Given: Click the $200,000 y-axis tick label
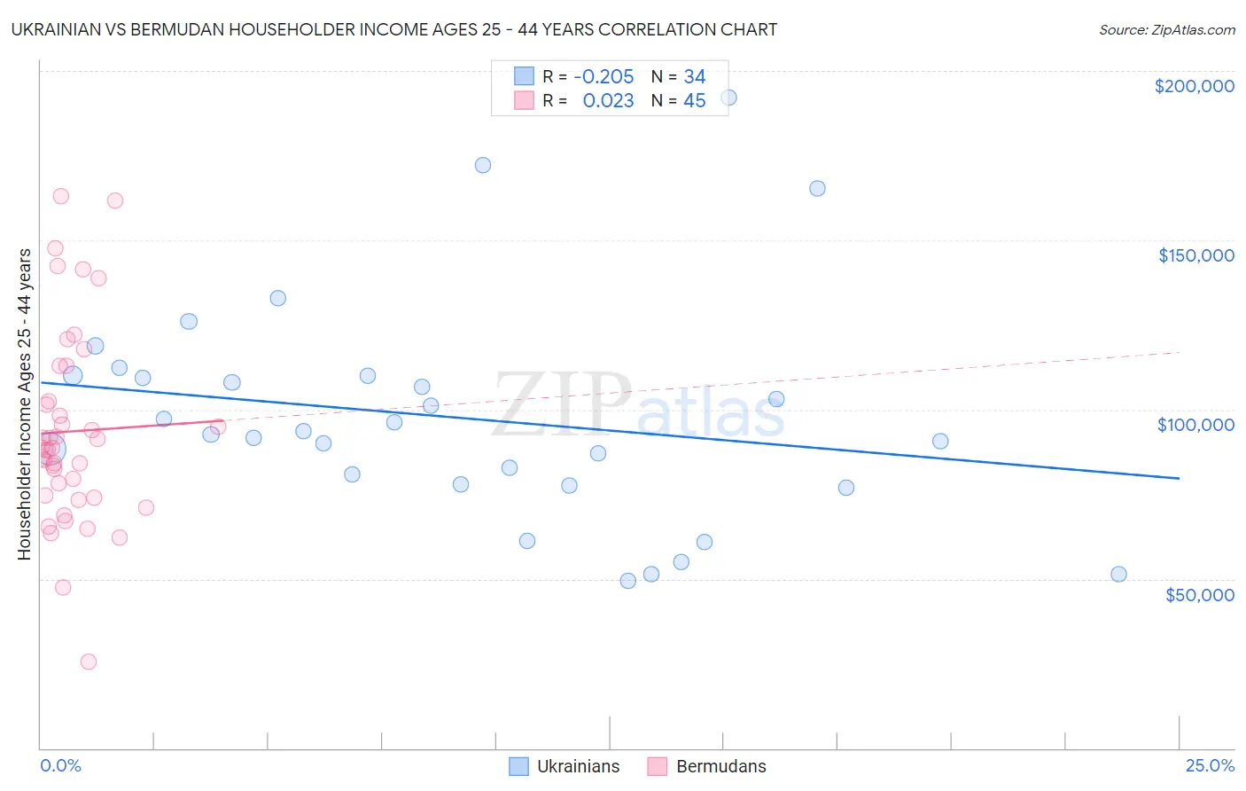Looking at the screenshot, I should click(x=1194, y=86).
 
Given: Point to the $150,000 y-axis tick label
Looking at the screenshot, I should click(x=1195, y=255).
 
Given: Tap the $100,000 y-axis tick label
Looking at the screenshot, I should click(x=1195, y=425).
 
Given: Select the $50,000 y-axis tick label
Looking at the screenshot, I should click(x=1199, y=595).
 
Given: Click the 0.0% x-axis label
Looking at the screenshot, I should click(x=60, y=766).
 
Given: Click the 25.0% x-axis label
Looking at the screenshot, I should click(x=1210, y=766).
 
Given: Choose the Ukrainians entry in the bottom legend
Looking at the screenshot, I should click(x=578, y=767).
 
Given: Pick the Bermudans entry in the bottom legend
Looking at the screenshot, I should click(x=720, y=767).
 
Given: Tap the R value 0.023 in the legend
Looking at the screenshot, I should click(x=608, y=101).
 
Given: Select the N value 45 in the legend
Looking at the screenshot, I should click(x=694, y=101).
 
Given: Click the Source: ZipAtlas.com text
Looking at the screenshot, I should click(x=1166, y=30).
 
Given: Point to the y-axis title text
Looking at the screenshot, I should click(x=25, y=404).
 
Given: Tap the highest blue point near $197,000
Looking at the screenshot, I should click(x=728, y=98).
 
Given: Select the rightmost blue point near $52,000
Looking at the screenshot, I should click(x=1118, y=574).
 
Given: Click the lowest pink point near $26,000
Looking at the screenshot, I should click(x=89, y=662).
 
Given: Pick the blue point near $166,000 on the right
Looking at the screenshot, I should click(x=817, y=188).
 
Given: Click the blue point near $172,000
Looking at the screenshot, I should click(x=483, y=165).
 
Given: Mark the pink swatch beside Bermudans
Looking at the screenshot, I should click(x=657, y=767).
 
